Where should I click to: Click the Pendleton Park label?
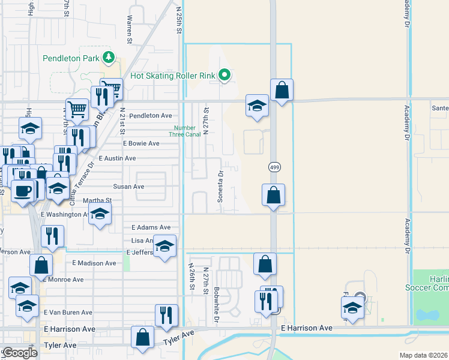pyautogui.click(x=70, y=59)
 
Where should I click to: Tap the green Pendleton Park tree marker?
pyautogui.click(x=109, y=58)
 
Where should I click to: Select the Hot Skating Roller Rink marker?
pyautogui.click(x=224, y=76)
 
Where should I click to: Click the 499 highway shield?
pyautogui.click(x=273, y=166)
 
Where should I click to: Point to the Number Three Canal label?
pyautogui.click(x=185, y=131)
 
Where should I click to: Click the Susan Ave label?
pyautogui.click(x=130, y=187)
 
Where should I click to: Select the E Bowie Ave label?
pyautogui.click(x=141, y=144)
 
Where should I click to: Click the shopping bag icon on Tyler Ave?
pyautogui.click(x=143, y=337)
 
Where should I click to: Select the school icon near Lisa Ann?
pyautogui.click(x=164, y=245)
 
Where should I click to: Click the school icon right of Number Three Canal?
pyautogui.click(x=257, y=106)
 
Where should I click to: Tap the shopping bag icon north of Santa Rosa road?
pyautogui.click(x=282, y=90)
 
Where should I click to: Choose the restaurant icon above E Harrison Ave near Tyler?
pyautogui.click(x=166, y=315)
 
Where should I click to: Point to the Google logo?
pyautogui.click(x=19, y=353)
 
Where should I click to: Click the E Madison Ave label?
pyautogui.click(x=94, y=263)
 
